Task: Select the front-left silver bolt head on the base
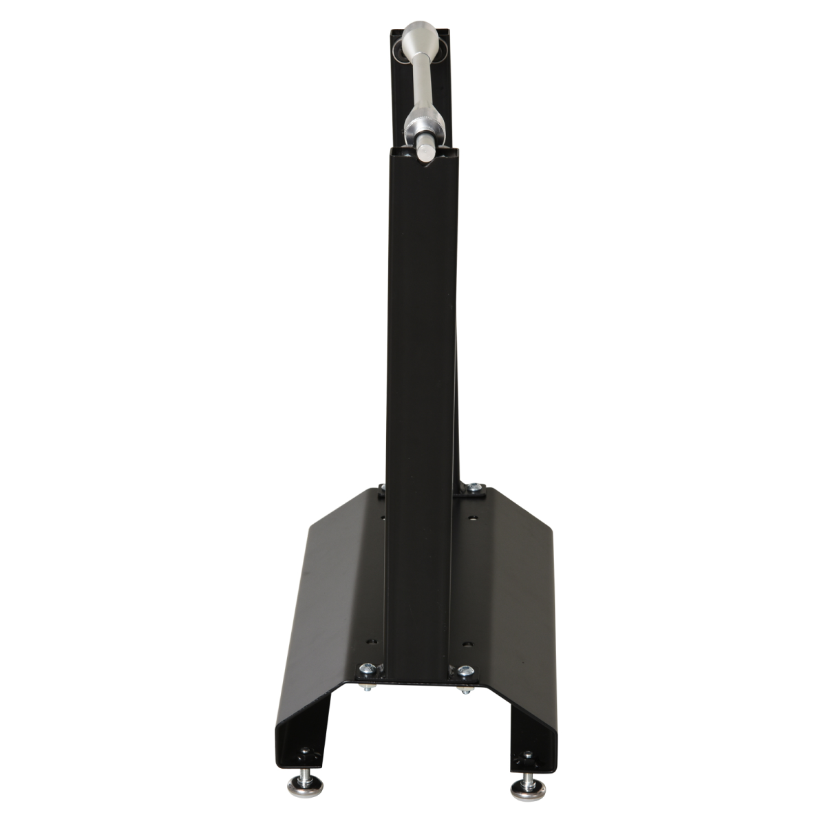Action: [368, 668]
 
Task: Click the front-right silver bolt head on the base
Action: [465, 670]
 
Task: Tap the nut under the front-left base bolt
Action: [368, 686]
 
